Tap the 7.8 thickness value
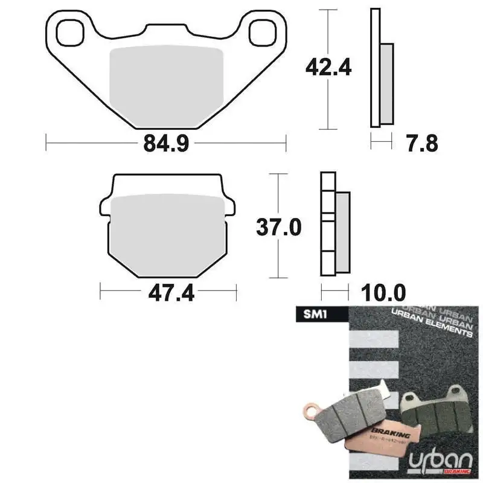(421, 144)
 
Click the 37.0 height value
(278, 227)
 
